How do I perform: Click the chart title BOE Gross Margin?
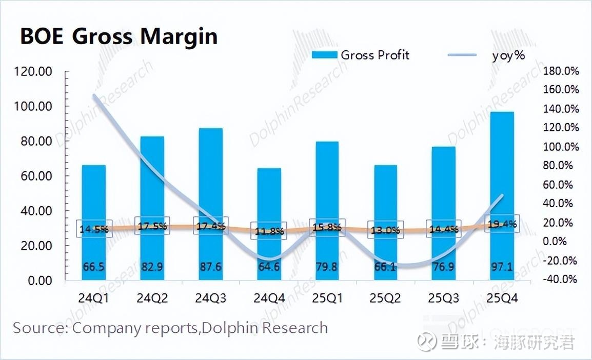point(119,37)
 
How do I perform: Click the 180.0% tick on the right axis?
point(560,71)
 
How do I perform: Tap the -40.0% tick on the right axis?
point(560,279)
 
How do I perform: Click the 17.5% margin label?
point(152,226)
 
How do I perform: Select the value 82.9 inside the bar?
point(152,267)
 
